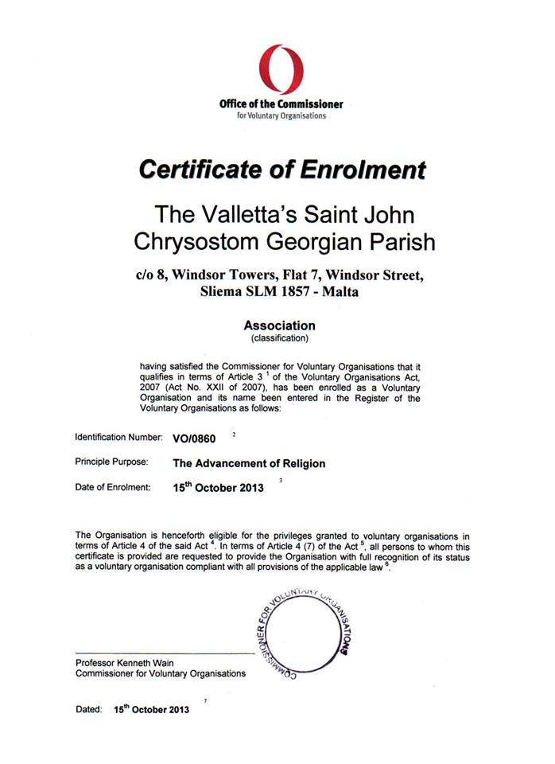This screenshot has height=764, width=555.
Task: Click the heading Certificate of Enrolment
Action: click(281, 170)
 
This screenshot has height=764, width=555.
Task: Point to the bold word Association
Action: click(279, 325)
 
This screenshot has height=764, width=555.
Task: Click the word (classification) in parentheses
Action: click(279, 338)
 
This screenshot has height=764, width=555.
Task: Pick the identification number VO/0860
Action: click(194, 438)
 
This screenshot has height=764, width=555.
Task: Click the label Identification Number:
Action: click(118, 438)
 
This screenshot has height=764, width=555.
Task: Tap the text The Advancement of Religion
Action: click(249, 463)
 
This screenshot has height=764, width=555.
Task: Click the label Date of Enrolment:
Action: click(113, 487)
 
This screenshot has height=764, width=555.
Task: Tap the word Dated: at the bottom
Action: click(89, 709)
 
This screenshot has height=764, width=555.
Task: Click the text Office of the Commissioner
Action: click(281, 104)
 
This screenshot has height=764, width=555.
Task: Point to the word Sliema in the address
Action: click(226, 292)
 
